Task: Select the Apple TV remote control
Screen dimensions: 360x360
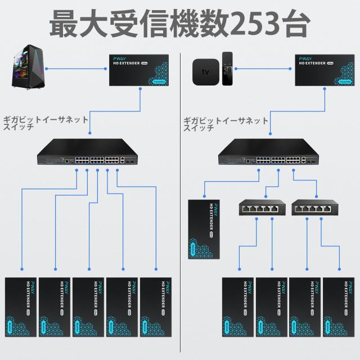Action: [x=227, y=69]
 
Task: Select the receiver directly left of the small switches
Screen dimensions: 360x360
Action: [x=205, y=228]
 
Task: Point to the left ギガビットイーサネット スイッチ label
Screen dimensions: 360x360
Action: [x=46, y=123]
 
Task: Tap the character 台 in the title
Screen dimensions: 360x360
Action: [x=293, y=23]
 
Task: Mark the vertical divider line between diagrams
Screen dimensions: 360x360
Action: [x=180, y=225]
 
